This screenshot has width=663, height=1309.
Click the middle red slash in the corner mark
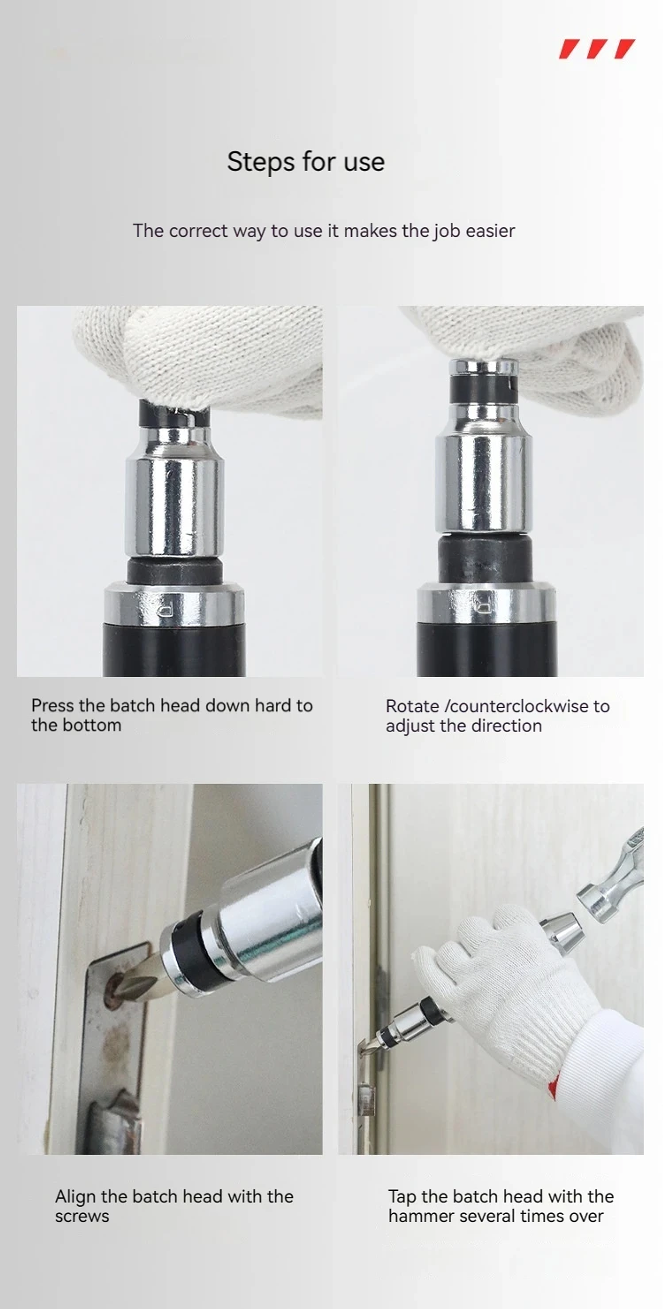597,49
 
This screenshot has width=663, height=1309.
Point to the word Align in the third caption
76,1197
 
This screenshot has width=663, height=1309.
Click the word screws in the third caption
82,1217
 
